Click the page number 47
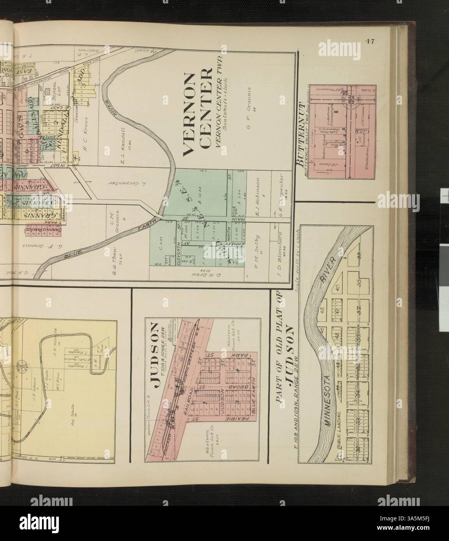point(369,42)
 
